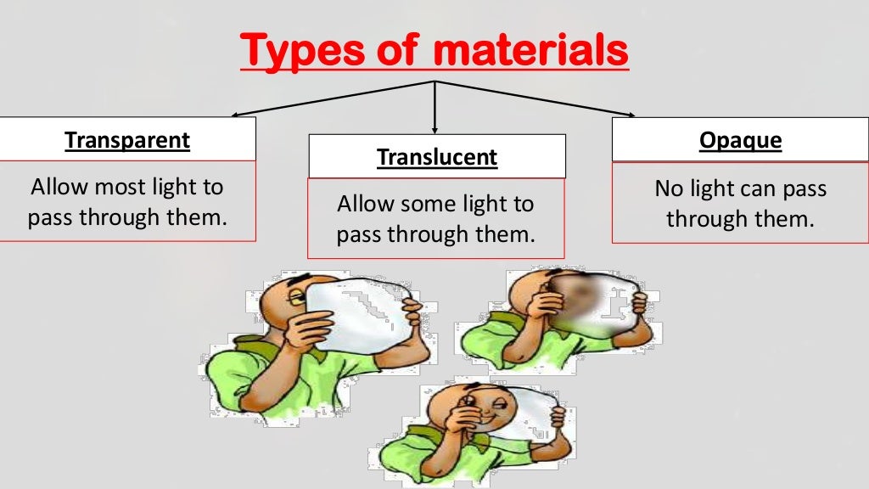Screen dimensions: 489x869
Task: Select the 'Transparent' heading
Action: point(127,140)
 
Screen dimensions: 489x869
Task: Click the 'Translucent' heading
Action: point(437,157)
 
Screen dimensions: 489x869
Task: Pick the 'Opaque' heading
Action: point(740,140)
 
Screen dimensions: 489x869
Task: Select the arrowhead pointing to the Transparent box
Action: point(238,113)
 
